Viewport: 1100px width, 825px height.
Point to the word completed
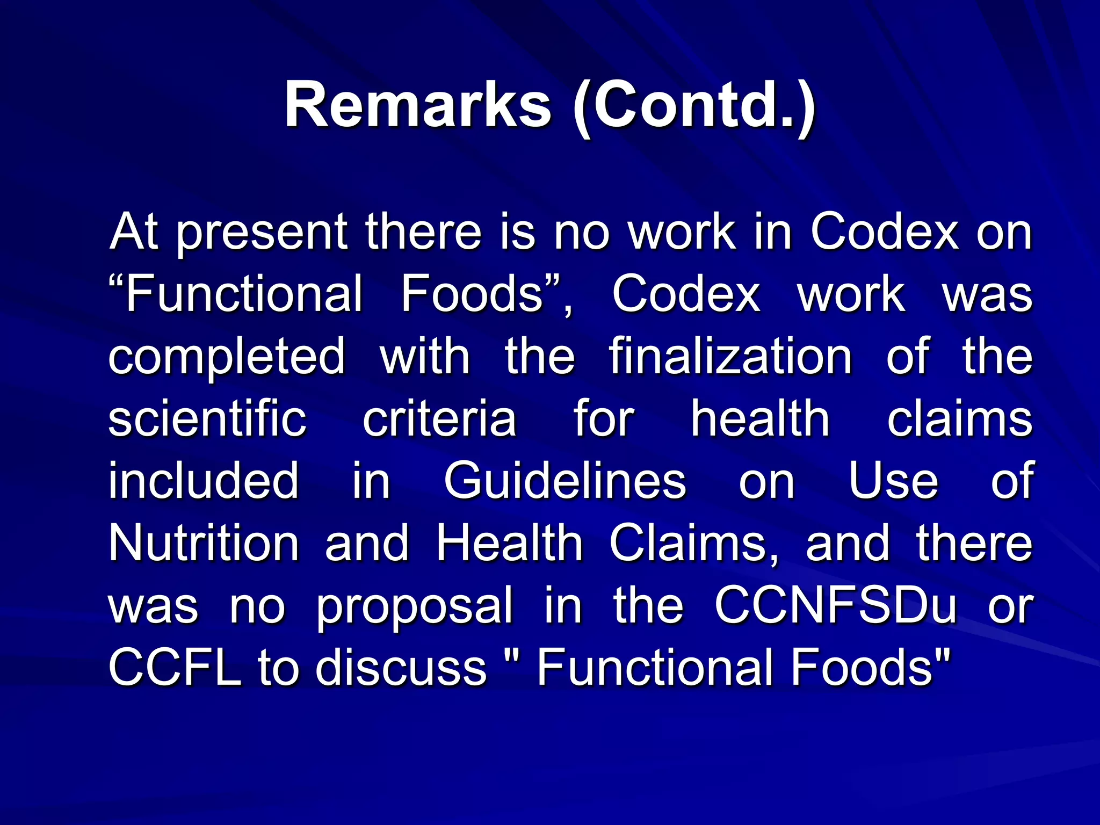[x=227, y=357]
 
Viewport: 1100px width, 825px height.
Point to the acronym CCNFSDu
[x=836, y=605]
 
